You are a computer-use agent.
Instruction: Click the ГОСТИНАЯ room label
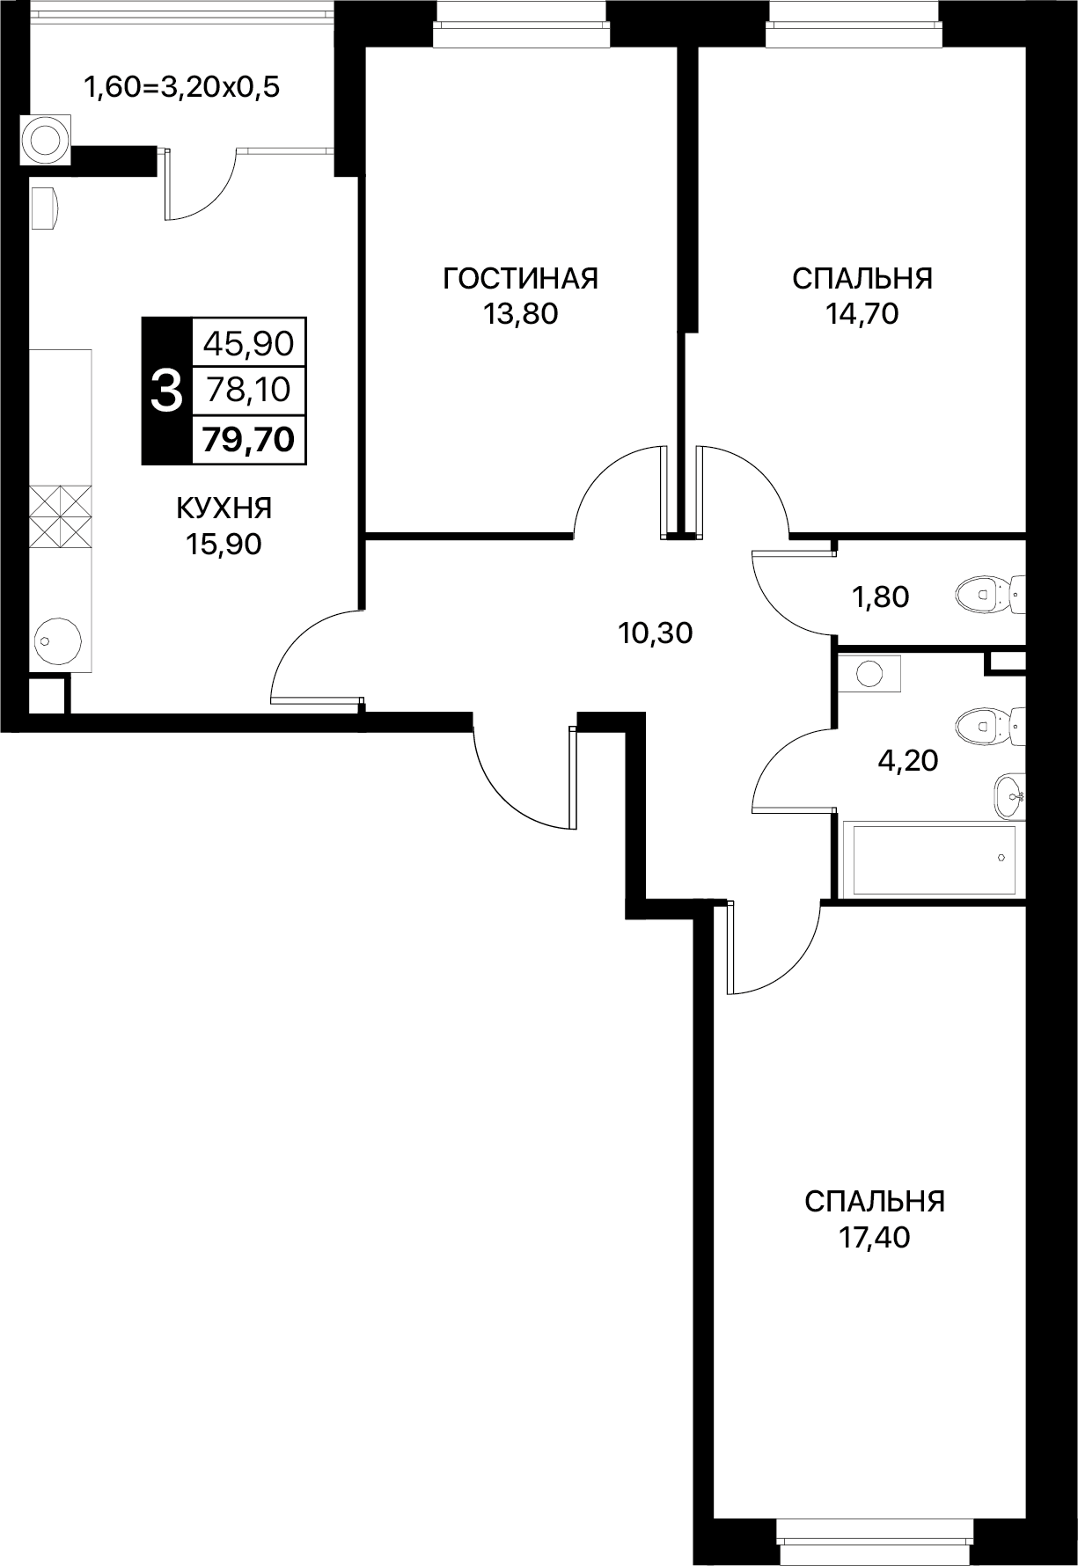(x=520, y=279)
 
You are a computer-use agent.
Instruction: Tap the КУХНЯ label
(x=224, y=509)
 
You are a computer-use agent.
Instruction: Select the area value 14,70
(x=862, y=313)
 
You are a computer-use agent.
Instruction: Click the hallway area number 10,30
(x=656, y=633)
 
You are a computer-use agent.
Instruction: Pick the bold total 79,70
(x=248, y=438)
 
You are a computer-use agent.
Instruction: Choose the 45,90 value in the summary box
(x=248, y=342)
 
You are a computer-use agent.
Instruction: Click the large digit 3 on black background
(x=166, y=391)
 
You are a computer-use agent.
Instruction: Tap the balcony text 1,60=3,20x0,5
(x=181, y=87)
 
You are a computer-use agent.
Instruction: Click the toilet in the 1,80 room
(x=991, y=595)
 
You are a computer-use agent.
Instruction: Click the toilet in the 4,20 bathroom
(x=991, y=725)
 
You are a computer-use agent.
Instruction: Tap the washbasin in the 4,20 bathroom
(x=1010, y=795)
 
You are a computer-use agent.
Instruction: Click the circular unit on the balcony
(x=46, y=139)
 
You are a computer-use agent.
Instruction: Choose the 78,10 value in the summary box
(x=248, y=390)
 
